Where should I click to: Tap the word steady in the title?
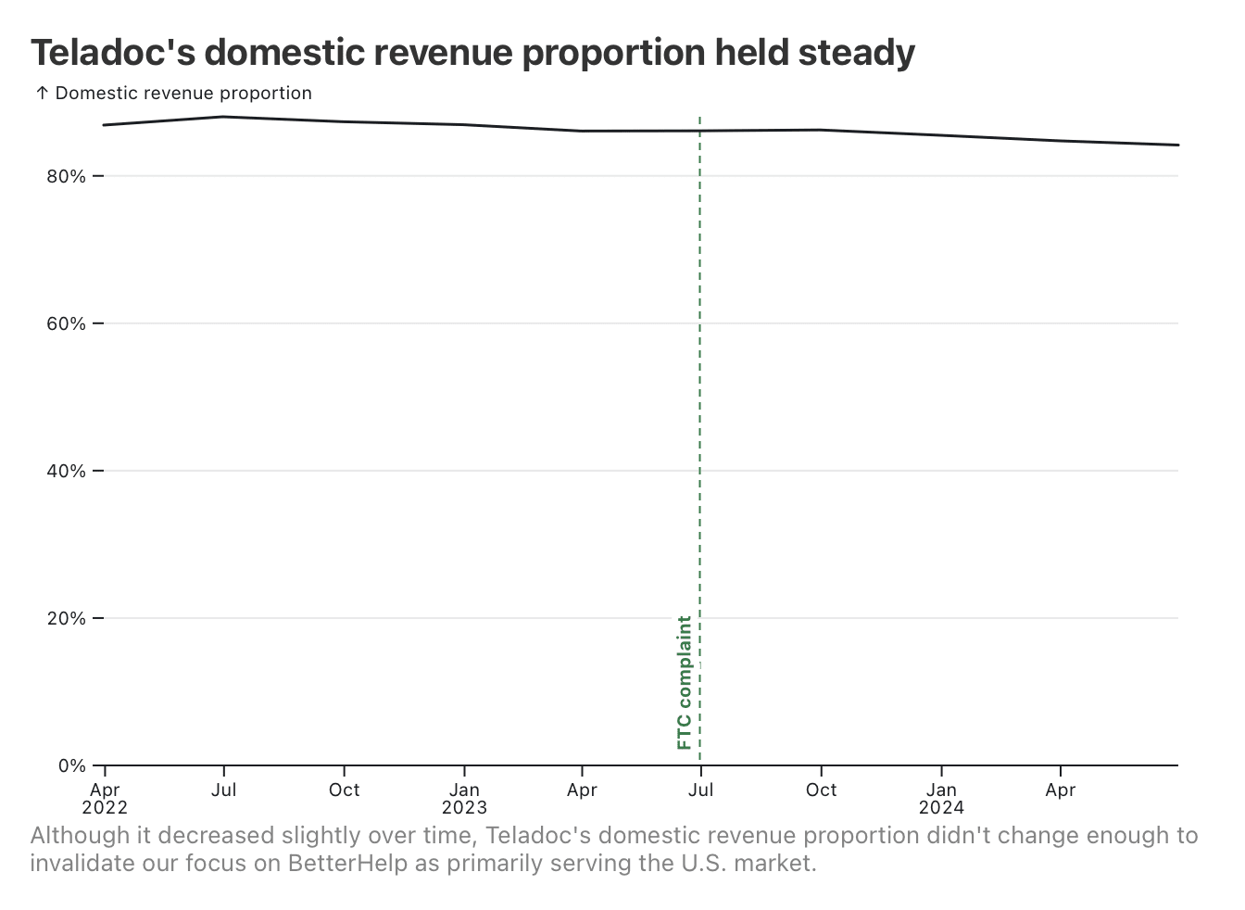[x=856, y=54]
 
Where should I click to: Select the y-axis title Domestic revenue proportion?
[x=183, y=94]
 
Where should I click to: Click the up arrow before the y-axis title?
[x=42, y=94]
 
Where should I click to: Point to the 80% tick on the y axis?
[x=66, y=176]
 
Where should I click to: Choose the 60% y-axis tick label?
[x=66, y=323]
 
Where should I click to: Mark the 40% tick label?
[x=66, y=471]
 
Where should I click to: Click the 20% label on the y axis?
[x=66, y=618]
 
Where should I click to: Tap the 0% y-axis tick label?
[x=71, y=765]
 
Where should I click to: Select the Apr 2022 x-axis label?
[x=105, y=798]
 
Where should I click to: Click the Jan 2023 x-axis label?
[x=464, y=798]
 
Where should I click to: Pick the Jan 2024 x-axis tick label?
[x=941, y=798]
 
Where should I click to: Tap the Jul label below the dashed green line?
[x=701, y=790]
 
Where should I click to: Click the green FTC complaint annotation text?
[x=685, y=682]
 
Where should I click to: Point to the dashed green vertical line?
[x=700, y=417]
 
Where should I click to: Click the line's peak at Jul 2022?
[x=223, y=117]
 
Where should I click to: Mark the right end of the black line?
[x=1177, y=145]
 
